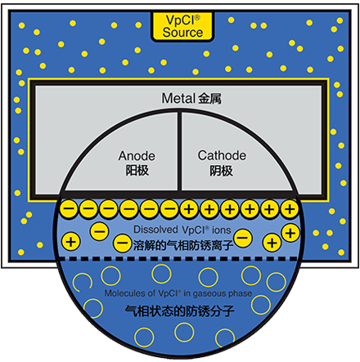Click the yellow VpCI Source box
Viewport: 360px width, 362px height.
tap(182, 26)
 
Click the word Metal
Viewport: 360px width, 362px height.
tap(178, 98)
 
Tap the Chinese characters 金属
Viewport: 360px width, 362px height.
tap(209, 99)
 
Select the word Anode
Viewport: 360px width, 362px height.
tap(137, 156)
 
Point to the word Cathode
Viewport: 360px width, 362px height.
tap(222, 155)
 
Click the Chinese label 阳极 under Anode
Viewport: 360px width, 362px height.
tap(137, 171)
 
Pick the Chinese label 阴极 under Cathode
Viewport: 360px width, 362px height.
tap(221, 171)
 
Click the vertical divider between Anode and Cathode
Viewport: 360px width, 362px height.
tap(179, 151)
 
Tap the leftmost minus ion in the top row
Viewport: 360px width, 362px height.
tap(69, 209)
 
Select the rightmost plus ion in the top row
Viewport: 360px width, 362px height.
tap(290, 209)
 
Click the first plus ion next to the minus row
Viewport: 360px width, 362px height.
tap(189, 209)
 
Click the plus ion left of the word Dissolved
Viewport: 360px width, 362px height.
tap(70, 242)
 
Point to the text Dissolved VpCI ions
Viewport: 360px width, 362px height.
tap(182, 230)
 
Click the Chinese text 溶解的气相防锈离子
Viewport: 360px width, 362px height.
tap(183, 245)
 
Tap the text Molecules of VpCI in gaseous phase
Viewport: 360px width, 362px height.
tap(178, 293)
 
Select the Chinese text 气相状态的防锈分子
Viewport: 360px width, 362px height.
tap(180, 311)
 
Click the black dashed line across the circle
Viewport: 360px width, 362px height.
tap(178, 258)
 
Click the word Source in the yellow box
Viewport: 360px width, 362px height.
tap(182, 33)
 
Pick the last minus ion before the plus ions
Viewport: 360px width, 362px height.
tap(169, 209)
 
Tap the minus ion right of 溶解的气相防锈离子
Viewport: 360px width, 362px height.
tap(243, 238)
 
